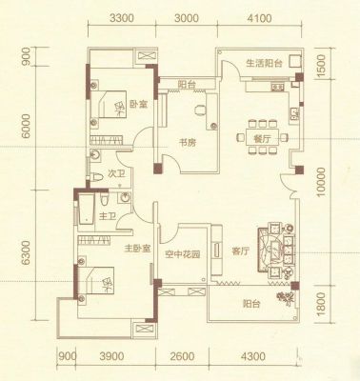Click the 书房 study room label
189,143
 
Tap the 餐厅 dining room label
262,139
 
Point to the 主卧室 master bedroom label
137,248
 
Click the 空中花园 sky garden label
183,254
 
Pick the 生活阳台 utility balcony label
265,63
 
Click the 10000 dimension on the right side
322,182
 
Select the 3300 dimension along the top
122,18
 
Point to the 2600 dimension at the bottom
182,356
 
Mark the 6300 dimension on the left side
26,252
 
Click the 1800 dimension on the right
322,304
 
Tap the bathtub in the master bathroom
87,210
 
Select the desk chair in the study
200,110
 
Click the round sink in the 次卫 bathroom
95,155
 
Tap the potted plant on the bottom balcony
285,297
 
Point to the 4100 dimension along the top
260,18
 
